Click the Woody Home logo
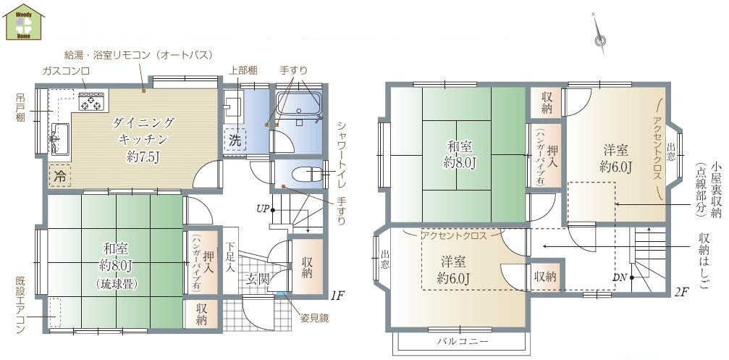tap(25, 22)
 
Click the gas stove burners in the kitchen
tap(93, 103)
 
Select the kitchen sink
tap(59, 135)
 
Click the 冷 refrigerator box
tap(60, 175)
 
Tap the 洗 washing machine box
tap(236, 139)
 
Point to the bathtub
tap(298, 106)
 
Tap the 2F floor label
tap(680, 293)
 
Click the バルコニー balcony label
tap(463, 340)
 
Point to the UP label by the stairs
tap(263, 209)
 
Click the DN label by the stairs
tap(619, 277)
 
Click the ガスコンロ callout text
tap(65, 70)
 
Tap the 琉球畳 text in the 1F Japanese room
tap(117, 285)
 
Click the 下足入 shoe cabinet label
tap(229, 257)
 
